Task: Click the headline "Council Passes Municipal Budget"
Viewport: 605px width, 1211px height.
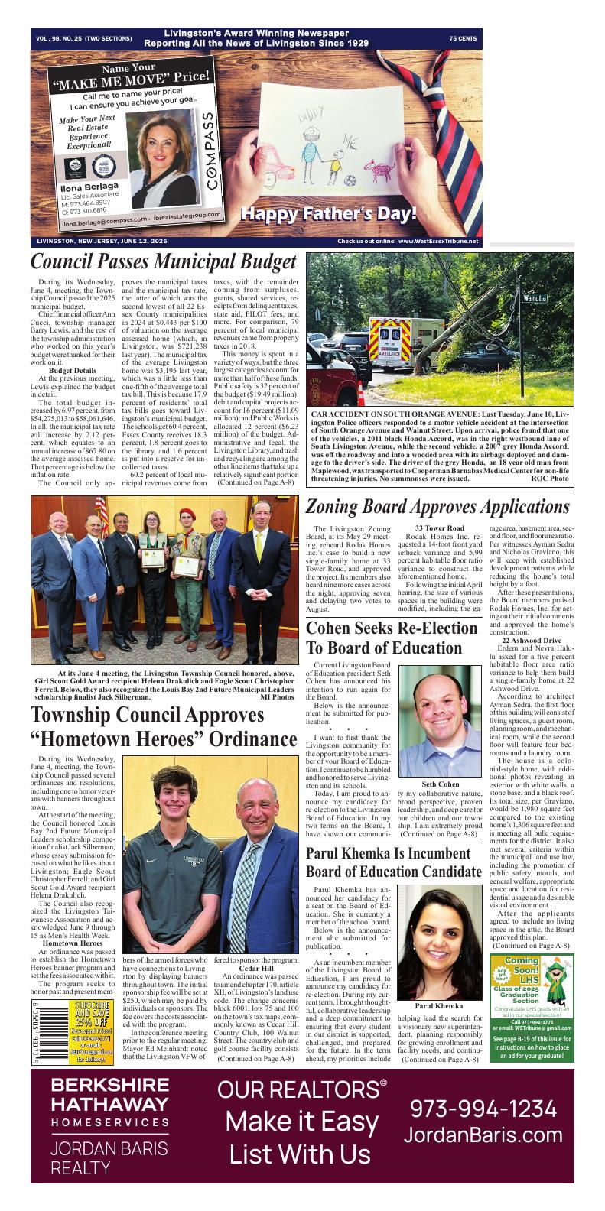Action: click(163, 261)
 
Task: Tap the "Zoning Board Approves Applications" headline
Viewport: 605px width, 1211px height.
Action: click(437, 507)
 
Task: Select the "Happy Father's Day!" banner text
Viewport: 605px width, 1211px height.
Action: click(329, 214)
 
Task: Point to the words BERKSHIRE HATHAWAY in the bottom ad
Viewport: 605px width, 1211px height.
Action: click(110, 1095)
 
